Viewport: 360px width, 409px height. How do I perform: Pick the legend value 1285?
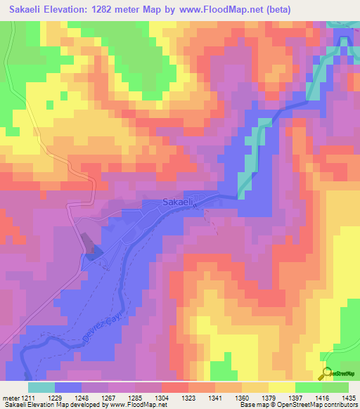coord(135,398)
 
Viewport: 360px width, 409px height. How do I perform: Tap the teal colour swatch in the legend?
coord(41,387)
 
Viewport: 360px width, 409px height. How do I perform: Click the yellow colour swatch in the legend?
coord(281,387)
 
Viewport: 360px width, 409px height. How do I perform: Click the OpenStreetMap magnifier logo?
coord(326,374)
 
